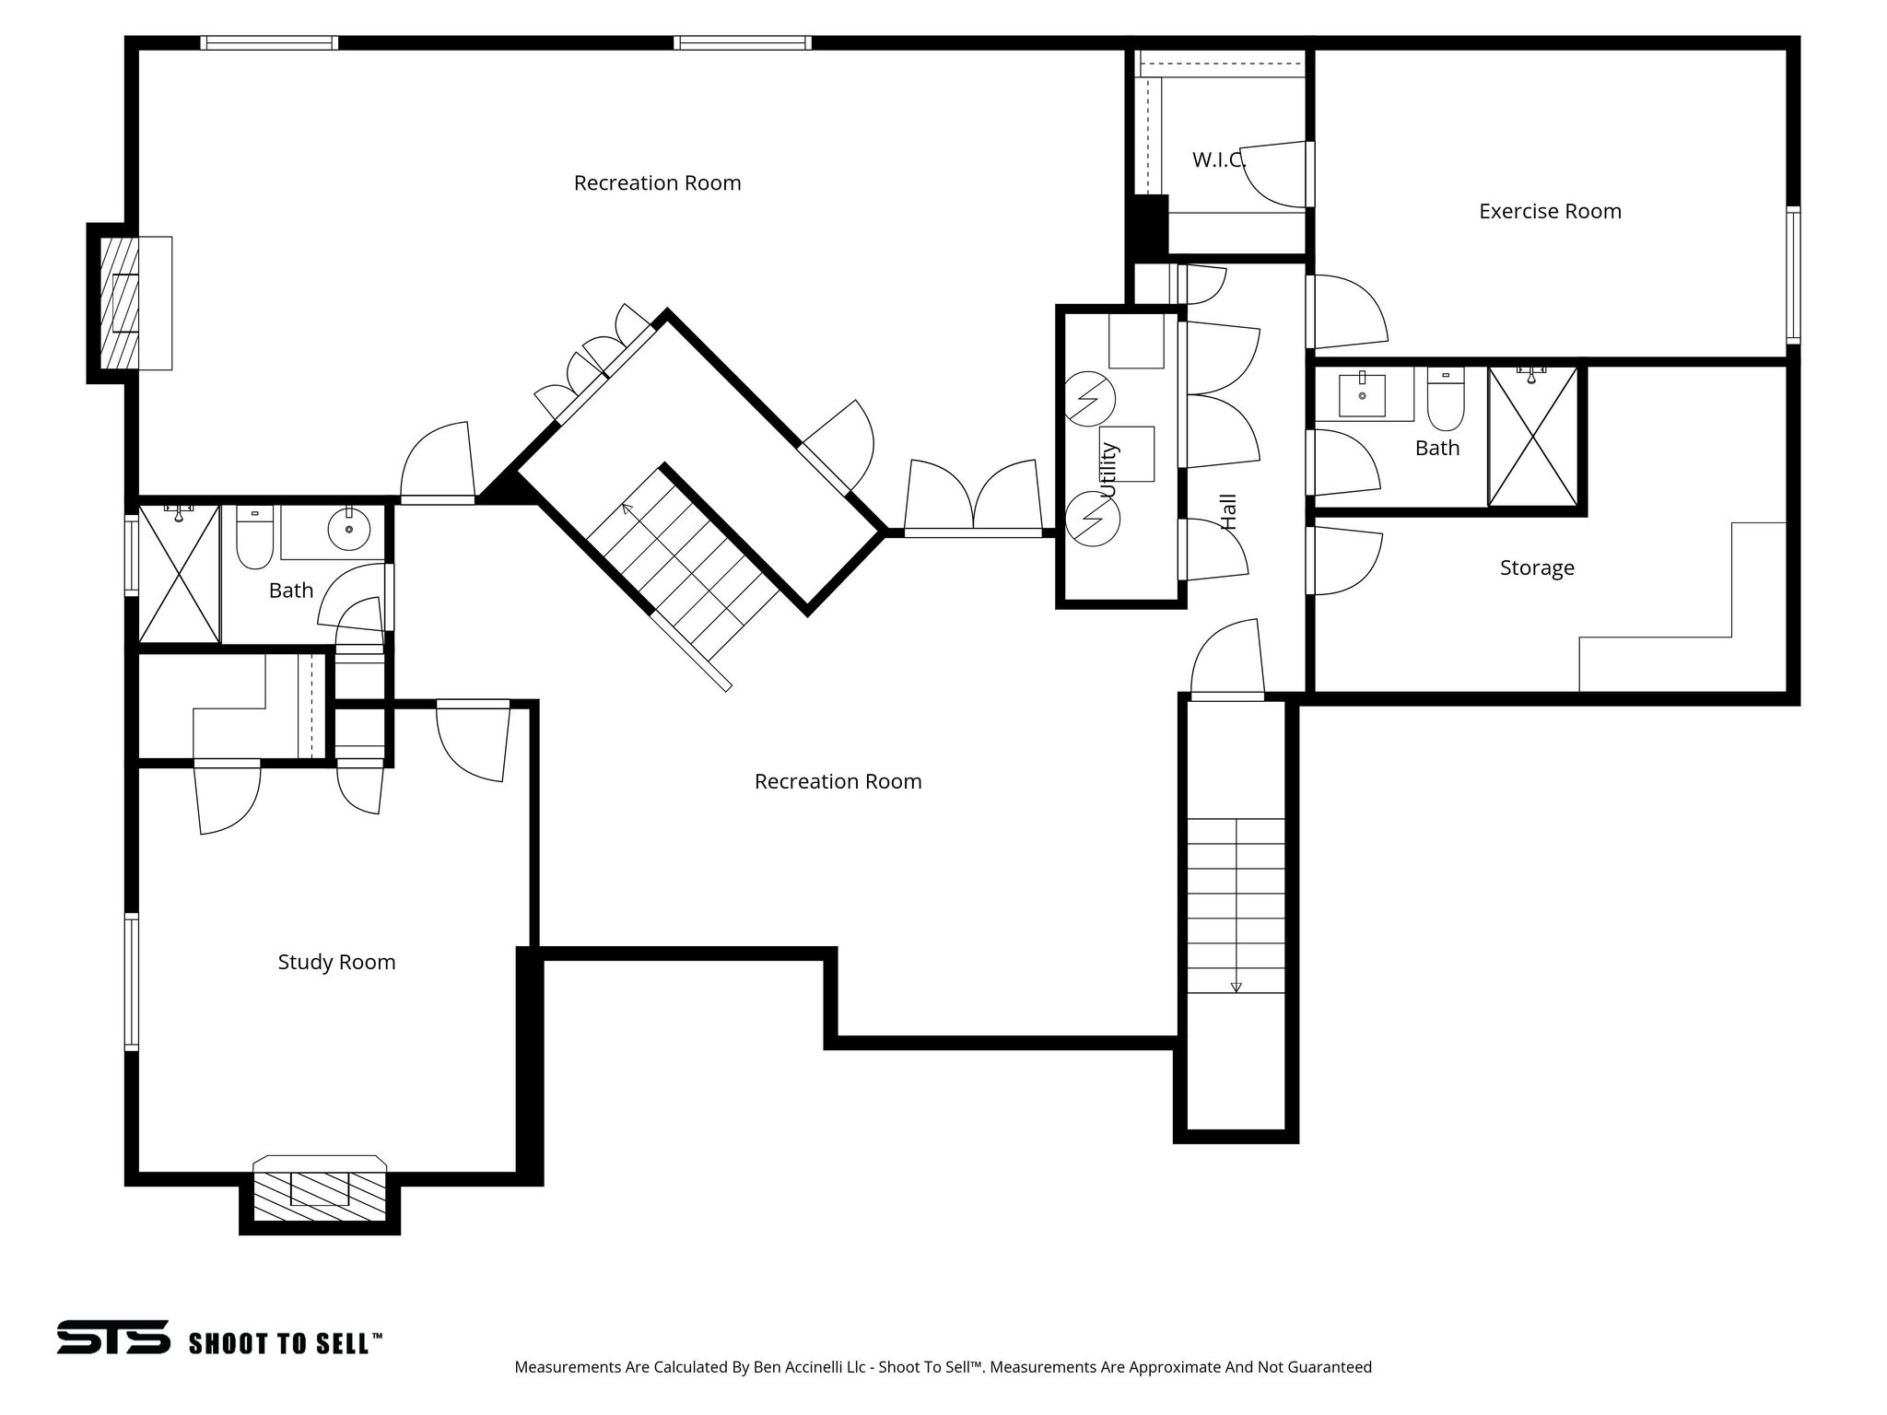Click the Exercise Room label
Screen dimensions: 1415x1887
click(1550, 211)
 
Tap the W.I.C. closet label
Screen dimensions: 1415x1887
click(1218, 159)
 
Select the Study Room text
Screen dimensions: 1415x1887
click(336, 962)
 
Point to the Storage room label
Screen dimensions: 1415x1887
click(1537, 567)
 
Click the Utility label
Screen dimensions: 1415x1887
click(1108, 470)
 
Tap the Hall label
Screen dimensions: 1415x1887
click(1228, 511)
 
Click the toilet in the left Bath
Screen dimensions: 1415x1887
click(254, 539)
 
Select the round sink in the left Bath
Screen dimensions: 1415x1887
click(348, 529)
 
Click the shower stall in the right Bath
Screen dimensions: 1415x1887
click(1532, 437)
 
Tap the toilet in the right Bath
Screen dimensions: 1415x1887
click(1445, 400)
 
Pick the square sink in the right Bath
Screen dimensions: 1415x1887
click(1361, 395)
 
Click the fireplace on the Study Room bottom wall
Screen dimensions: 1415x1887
click(320, 1195)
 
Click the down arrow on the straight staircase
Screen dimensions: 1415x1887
click(1236, 986)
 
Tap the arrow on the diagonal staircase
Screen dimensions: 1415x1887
click(627, 508)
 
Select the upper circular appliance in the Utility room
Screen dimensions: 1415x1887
click(1090, 399)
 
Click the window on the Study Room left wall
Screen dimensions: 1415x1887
click(132, 981)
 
